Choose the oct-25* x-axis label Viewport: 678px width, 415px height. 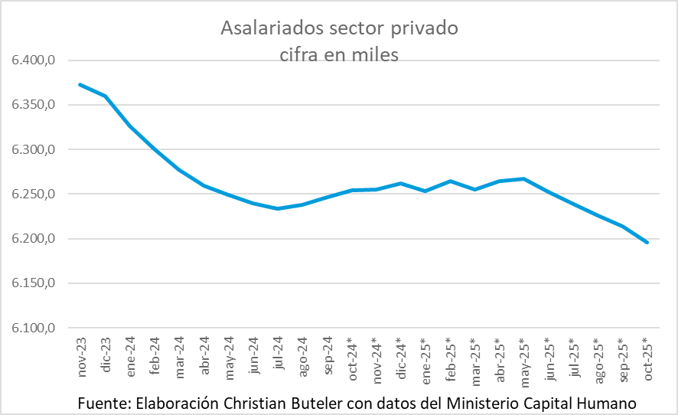coord(647,358)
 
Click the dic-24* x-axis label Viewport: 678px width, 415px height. coord(400,358)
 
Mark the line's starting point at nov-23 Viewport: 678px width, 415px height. coord(80,84)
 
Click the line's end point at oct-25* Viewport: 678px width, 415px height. coord(647,243)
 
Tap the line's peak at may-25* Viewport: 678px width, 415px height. coord(523,178)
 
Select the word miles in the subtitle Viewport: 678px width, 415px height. coord(374,55)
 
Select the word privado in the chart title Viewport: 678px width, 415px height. coord(425,29)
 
